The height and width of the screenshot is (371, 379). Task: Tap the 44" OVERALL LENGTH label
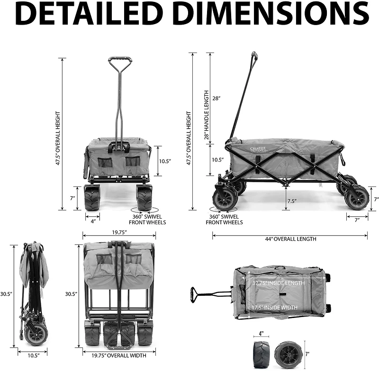290,239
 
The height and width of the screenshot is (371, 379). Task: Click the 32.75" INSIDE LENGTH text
278,283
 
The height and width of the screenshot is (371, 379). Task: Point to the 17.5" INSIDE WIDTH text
275,308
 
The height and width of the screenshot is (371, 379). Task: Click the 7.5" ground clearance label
292,201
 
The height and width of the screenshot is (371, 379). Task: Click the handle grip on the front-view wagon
120,61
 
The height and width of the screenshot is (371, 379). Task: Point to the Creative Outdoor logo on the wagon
258,150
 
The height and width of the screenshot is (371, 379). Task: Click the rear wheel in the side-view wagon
356,197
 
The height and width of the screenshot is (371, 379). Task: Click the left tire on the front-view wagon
92,198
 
